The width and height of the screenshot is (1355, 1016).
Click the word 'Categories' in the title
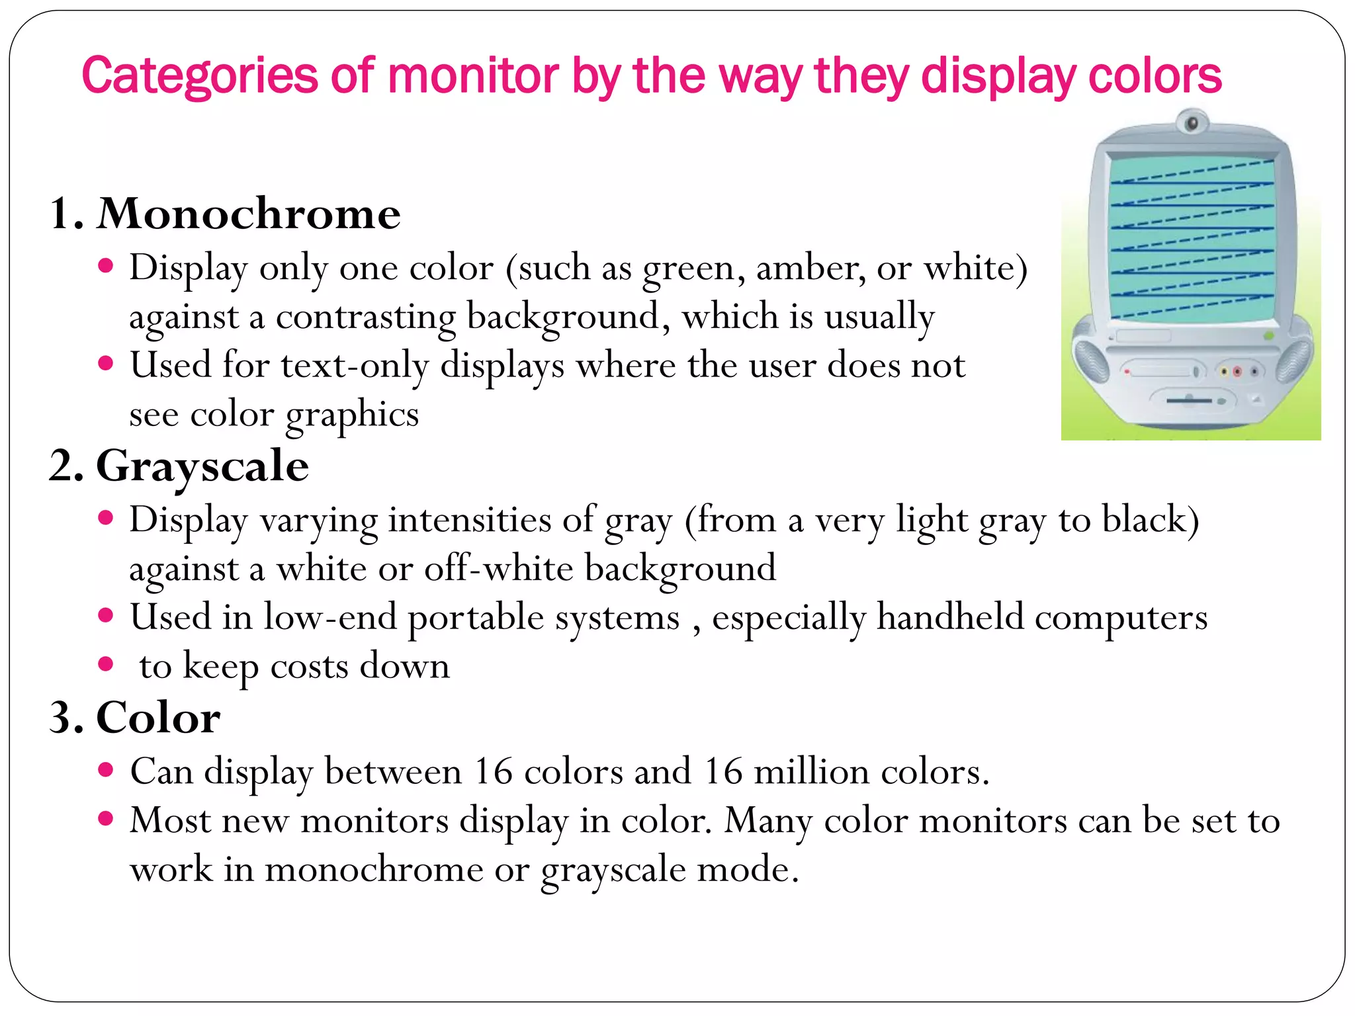click(x=199, y=76)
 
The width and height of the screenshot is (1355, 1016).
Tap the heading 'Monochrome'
click(x=249, y=214)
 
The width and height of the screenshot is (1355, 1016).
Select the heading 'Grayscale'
click(x=202, y=466)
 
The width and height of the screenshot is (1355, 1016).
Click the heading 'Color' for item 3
click(x=158, y=718)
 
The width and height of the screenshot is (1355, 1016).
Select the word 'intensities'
click(x=469, y=520)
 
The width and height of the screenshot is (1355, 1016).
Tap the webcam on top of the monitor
click(x=1192, y=122)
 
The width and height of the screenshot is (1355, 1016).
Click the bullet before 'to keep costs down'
click(x=106, y=664)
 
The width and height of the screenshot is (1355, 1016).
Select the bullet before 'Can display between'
click(x=106, y=770)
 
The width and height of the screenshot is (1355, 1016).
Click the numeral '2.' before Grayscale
click(x=67, y=466)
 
